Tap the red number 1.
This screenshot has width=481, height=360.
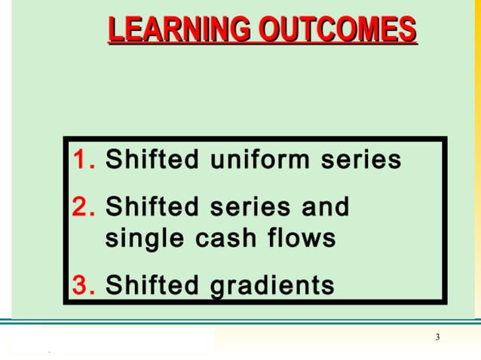[x=83, y=160]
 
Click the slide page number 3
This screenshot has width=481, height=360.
[x=437, y=337]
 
